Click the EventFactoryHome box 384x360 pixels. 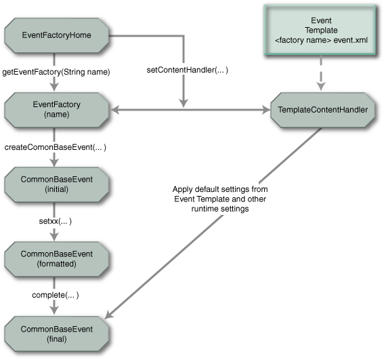coord(57,35)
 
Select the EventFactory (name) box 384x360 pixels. coord(57,109)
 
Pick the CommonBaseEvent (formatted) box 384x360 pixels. coord(57,258)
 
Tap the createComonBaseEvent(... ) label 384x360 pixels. coord(56,146)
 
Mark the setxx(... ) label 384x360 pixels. coord(55,221)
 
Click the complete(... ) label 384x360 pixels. coord(56,295)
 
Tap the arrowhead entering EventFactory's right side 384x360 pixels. coord(115,109)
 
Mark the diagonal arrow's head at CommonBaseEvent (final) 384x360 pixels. coord(111,315)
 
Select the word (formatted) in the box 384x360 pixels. coord(57,264)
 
